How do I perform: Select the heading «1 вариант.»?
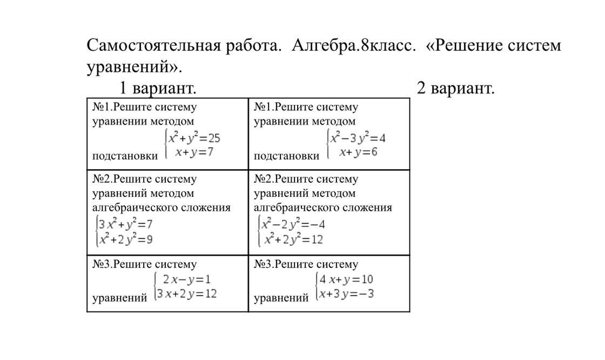(157, 88)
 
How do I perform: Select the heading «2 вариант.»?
(455, 88)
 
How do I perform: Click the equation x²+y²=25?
(194, 138)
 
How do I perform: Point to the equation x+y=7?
(194, 152)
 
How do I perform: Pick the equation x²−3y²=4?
(358, 138)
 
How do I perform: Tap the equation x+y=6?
(358, 152)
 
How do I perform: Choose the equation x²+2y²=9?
(125, 239)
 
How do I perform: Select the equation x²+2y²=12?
(293, 239)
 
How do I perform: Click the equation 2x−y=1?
(186, 279)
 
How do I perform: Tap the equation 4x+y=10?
(346, 279)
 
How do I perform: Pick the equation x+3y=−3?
(346, 294)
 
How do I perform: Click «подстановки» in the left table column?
(125, 156)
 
